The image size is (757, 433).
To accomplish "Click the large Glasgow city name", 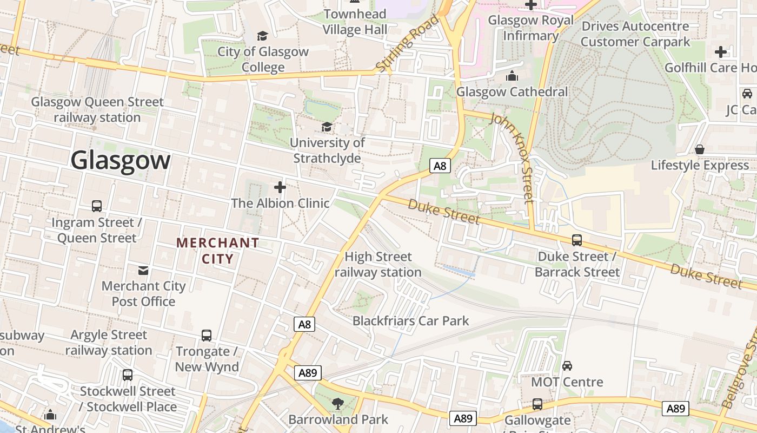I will click(x=121, y=161).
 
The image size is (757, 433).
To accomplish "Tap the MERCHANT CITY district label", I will click(x=218, y=251).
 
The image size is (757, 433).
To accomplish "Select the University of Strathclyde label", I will click(x=327, y=150).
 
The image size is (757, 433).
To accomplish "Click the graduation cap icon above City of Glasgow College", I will click(x=262, y=36).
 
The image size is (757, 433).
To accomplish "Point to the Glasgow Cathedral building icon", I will click(x=512, y=76).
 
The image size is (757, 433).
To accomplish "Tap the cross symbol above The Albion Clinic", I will click(x=280, y=187).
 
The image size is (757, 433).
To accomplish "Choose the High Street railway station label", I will click(x=378, y=264).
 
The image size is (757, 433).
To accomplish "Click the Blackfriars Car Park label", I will click(x=410, y=320).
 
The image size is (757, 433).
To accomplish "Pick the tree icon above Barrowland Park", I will click(x=338, y=403).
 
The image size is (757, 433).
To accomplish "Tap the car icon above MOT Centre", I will click(x=567, y=366).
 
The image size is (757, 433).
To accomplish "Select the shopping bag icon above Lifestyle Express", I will click(x=700, y=149).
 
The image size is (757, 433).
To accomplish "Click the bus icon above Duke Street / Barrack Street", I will click(x=577, y=240).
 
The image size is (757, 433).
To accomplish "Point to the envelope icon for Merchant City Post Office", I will click(x=143, y=270).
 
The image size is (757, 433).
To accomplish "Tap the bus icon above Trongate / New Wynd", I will click(x=207, y=335).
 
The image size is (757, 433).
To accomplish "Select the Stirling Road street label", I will click(x=408, y=43).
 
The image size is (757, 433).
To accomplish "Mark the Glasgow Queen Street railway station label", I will click(x=97, y=109).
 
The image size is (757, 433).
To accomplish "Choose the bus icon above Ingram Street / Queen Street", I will click(x=97, y=206).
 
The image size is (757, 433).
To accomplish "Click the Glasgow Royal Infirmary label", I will click(x=530, y=28).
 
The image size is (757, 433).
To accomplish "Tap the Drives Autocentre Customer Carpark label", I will click(x=635, y=34).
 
